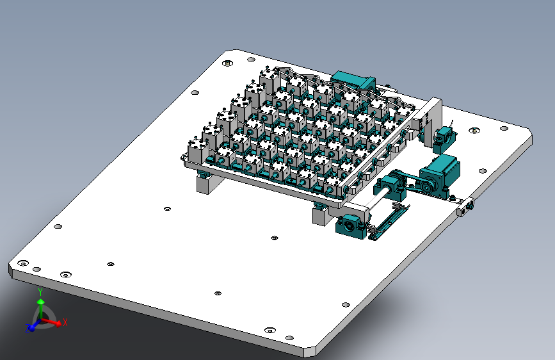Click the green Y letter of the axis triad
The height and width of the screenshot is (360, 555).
pos(40,292)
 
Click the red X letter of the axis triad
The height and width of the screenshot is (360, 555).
pos(65,322)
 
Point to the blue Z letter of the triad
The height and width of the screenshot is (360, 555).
pos(28,328)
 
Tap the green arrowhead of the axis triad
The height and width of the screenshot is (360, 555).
pos(41,302)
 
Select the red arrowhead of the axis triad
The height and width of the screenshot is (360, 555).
pos(58,323)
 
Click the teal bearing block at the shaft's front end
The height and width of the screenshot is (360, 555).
pos(351,226)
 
